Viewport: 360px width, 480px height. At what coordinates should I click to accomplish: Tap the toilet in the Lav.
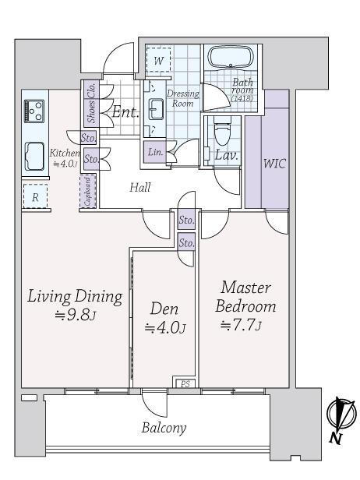[x=221, y=131]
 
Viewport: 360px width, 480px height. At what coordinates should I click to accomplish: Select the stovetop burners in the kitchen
[x=34, y=111]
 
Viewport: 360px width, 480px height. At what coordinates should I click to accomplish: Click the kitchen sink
[x=34, y=156]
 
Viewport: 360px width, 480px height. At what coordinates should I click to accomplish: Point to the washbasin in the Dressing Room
[x=156, y=109]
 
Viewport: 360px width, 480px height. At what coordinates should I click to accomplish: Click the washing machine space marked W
[x=158, y=60]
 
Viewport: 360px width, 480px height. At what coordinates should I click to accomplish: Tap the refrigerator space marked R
[x=35, y=196]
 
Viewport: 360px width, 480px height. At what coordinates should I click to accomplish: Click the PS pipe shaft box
[x=185, y=383]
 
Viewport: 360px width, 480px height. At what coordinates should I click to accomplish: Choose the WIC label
[x=274, y=164]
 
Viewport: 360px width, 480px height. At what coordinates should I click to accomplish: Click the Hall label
[x=140, y=187]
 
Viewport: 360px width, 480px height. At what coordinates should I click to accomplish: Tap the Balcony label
[x=164, y=428]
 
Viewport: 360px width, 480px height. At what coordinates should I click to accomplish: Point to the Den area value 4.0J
[x=165, y=329]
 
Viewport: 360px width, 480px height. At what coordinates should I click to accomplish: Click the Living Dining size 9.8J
[x=76, y=315]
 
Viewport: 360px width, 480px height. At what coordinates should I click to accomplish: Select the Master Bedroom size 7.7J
[x=242, y=325]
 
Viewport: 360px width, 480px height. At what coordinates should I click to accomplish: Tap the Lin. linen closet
[x=156, y=151]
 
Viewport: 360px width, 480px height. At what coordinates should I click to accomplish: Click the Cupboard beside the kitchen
[x=87, y=192]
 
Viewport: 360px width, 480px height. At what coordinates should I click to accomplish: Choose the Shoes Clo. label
[x=91, y=103]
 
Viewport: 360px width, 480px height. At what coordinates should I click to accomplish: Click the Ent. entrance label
[x=125, y=112]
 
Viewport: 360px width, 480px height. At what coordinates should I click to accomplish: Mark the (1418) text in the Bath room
[x=242, y=98]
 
